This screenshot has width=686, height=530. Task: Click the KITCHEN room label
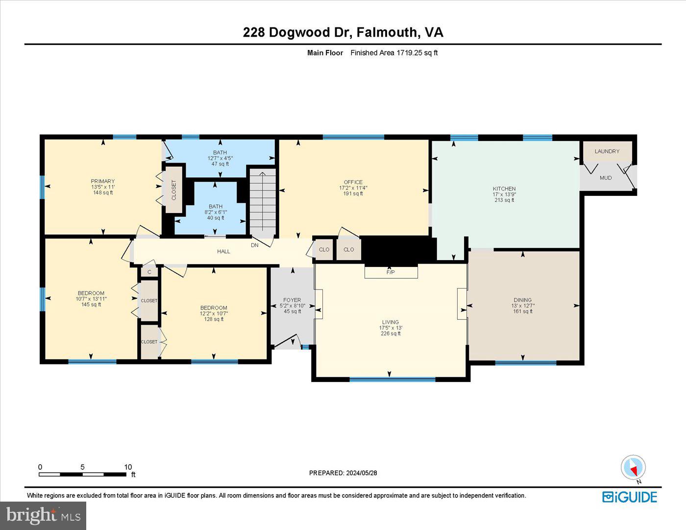coord(504,189)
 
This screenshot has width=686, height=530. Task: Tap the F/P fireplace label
coord(391,272)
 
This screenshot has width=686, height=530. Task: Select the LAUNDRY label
coord(607,151)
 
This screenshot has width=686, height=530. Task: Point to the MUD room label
coord(605,178)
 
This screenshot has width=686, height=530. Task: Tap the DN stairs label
coord(254,245)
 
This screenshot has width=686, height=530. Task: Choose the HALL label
coord(223,251)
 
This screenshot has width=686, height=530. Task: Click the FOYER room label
coord(292,300)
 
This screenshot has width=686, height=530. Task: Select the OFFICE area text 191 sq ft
coord(353,193)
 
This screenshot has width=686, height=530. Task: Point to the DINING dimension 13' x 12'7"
coord(522,306)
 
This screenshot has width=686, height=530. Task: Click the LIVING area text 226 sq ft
coord(391,334)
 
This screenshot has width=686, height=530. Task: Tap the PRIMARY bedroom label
coord(103,181)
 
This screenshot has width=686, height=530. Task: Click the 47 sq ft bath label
coord(220,164)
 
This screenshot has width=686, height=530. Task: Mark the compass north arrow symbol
coord(633,468)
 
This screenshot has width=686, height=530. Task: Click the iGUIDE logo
coord(629,497)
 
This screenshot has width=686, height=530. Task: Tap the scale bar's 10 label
coord(128,467)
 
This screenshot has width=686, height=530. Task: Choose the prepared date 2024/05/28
coord(361,473)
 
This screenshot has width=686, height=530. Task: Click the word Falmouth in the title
coord(387,32)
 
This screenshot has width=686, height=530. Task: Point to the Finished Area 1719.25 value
coord(410,53)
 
